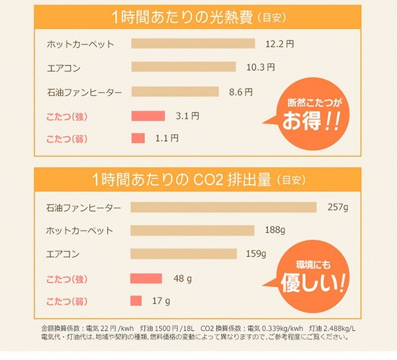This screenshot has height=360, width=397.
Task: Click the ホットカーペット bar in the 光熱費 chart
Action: point(193,44)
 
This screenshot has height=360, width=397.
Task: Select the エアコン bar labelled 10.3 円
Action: point(184,67)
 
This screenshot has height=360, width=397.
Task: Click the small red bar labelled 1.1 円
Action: point(138,138)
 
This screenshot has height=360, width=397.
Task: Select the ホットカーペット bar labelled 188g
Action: point(193,230)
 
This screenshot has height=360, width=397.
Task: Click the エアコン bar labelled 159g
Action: point(183,253)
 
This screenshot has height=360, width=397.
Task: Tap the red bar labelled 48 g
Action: point(146,278)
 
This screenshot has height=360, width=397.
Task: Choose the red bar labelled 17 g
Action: point(136,301)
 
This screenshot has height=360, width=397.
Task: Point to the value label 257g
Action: point(337,207)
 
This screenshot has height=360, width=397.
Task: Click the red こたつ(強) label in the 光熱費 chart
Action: point(69,116)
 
